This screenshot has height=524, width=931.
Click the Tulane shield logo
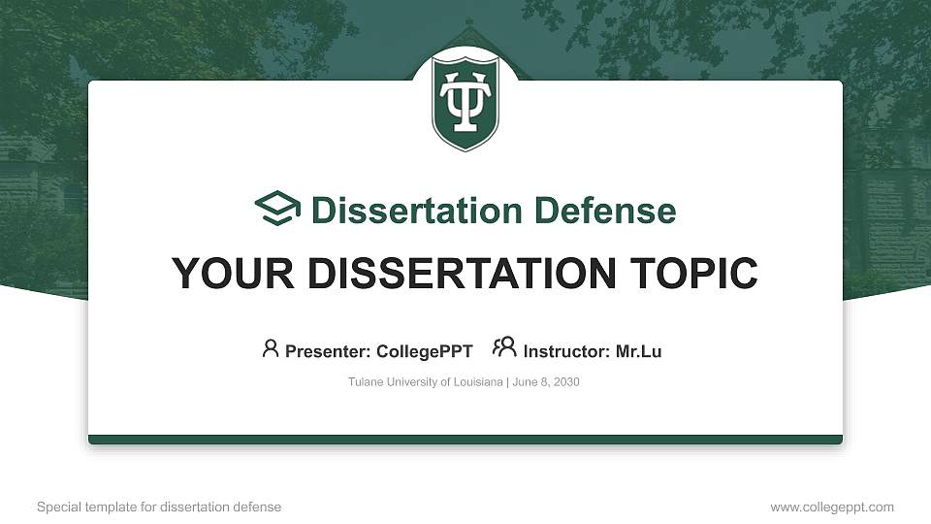click(465, 101)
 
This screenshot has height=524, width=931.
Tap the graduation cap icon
click(278, 209)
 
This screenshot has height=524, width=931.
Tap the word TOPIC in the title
click(695, 274)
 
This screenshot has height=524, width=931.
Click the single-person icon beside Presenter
click(271, 348)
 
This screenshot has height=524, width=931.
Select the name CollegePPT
click(425, 351)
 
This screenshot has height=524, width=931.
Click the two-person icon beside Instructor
click(504, 347)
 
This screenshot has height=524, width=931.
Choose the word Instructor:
click(566, 351)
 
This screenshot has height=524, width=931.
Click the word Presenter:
click(326, 351)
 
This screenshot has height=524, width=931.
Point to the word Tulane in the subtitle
click(364, 382)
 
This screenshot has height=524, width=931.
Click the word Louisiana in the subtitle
click(476, 382)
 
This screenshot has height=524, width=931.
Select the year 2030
click(566, 382)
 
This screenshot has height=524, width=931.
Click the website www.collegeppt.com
click(832, 508)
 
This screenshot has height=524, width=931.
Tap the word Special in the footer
click(57, 508)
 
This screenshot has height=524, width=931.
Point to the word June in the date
click(523, 382)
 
